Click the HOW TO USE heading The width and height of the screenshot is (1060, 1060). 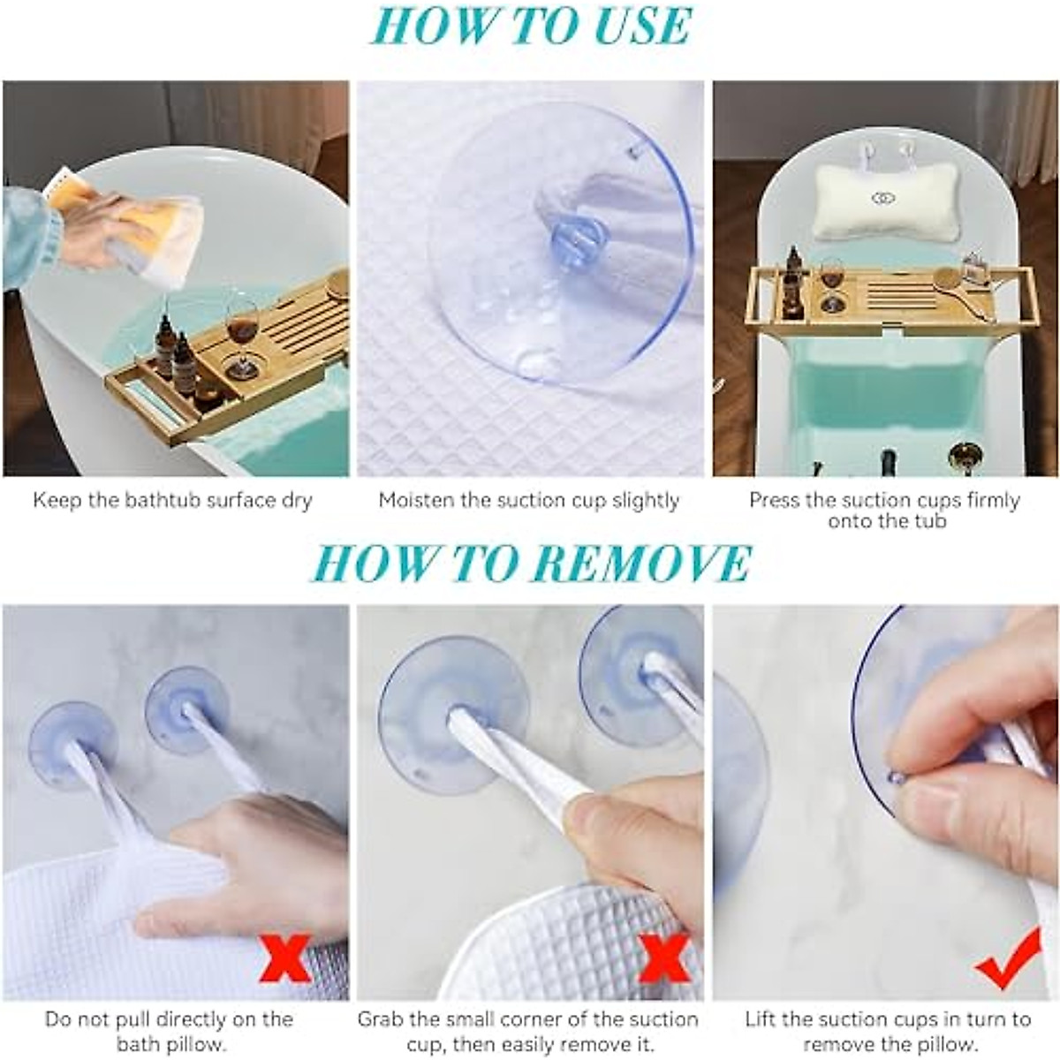click(x=530, y=26)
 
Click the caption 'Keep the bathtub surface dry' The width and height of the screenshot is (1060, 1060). click(x=173, y=501)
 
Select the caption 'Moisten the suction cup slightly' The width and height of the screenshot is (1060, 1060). click(x=528, y=501)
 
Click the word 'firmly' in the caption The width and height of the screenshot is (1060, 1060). click(x=988, y=501)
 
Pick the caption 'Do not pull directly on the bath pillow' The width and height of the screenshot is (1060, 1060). click(x=169, y=1032)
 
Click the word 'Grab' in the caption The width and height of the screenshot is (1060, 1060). click(x=381, y=1019)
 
